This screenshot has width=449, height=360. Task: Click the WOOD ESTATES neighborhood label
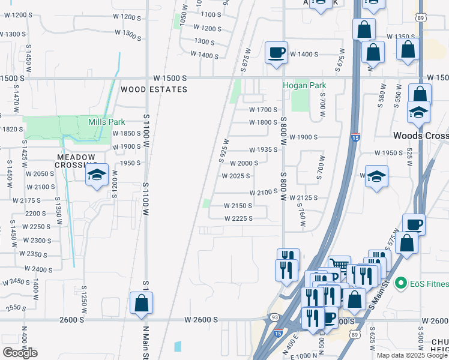click(x=154, y=89)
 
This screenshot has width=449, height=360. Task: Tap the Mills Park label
click(x=106, y=122)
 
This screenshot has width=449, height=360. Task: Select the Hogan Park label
click(x=304, y=85)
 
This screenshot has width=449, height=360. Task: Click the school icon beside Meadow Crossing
click(x=95, y=175)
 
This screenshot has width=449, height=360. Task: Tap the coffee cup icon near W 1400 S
click(x=276, y=53)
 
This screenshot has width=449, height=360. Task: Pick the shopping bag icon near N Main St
click(x=141, y=303)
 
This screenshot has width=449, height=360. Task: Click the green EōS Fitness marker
click(x=401, y=283)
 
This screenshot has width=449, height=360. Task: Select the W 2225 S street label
click(x=238, y=218)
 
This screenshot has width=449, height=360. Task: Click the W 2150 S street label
click(x=237, y=205)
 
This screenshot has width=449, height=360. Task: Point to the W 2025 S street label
click(x=235, y=176)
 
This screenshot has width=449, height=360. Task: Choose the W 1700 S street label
click(x=264, y=110)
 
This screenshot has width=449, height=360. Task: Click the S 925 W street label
click(x=224, y=151)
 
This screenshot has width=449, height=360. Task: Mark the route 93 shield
click(x=274, y=317)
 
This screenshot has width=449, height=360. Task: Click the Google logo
click(x=20, y=353)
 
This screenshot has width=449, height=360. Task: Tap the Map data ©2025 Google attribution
click(x=411, y=355)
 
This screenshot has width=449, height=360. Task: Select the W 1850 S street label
click(x=126, y=134)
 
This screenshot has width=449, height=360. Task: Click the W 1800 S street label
click(x=264, y=122)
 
